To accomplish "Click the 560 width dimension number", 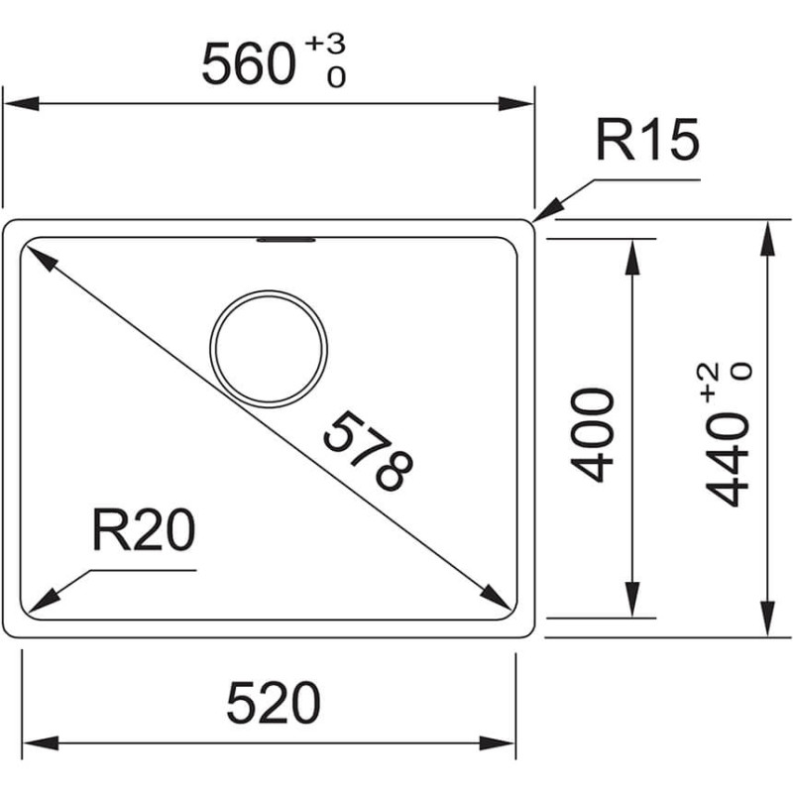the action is coord(249,64).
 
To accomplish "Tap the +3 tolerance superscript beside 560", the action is coord(326,44).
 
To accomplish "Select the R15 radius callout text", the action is coord(648,139).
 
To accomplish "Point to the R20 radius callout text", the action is coord(144,529).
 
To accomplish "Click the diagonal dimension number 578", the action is coord(368,451).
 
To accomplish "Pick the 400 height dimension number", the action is coord(592,435).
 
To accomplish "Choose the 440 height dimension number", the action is coord(727,459).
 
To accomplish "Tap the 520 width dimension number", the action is coord(274,703).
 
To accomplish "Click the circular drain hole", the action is coord(269,349).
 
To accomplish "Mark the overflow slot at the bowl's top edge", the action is coord(286,240).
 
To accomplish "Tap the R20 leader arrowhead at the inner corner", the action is coord(44,601).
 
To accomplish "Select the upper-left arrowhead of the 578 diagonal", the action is coord(42,258).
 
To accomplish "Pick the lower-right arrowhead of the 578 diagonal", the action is coord(495,598).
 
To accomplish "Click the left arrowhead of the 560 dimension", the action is coord(21,104).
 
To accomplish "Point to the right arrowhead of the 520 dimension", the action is coord(498,743).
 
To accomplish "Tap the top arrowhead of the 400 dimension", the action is coord(632,257).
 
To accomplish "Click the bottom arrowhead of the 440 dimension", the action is coord(767,618).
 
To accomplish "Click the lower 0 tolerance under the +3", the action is coord(336,77).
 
